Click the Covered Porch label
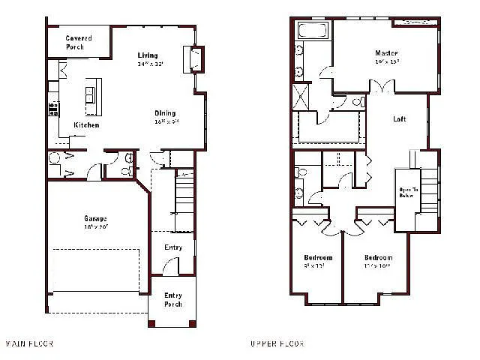(x=79, y=43)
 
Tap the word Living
(x=148, y=55)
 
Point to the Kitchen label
(x=85, y=124)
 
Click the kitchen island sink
(x=91, y=94)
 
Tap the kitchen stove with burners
(x=53, y=109)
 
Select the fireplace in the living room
(x=194, y=58)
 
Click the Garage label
(x=95, y=218)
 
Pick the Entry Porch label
(x=172, y=300)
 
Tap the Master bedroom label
(x=386, y=53)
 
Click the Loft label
(x=399, y=119)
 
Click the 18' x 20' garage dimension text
(x=95, y=226)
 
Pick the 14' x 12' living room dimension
(x=149, y=64)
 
